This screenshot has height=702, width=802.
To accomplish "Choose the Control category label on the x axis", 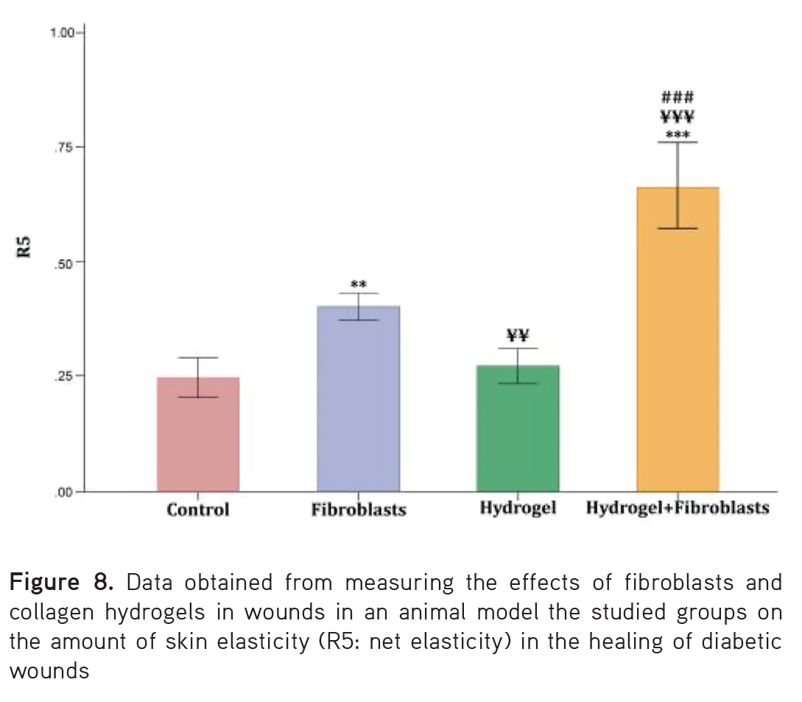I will point(197,510).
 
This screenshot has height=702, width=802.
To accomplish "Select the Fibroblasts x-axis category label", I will point(358,510).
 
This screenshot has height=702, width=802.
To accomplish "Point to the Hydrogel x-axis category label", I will point(518,508).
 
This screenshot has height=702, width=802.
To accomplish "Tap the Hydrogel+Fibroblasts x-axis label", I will point(678,508).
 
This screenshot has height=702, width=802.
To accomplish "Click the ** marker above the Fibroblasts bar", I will point(359,284).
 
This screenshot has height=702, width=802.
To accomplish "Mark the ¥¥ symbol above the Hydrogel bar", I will point(518,336).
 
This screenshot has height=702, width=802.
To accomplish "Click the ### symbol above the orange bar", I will point(678,97).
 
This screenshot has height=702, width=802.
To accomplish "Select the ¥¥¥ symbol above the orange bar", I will point(678,116).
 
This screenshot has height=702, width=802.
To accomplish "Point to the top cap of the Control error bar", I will point(197,358).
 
